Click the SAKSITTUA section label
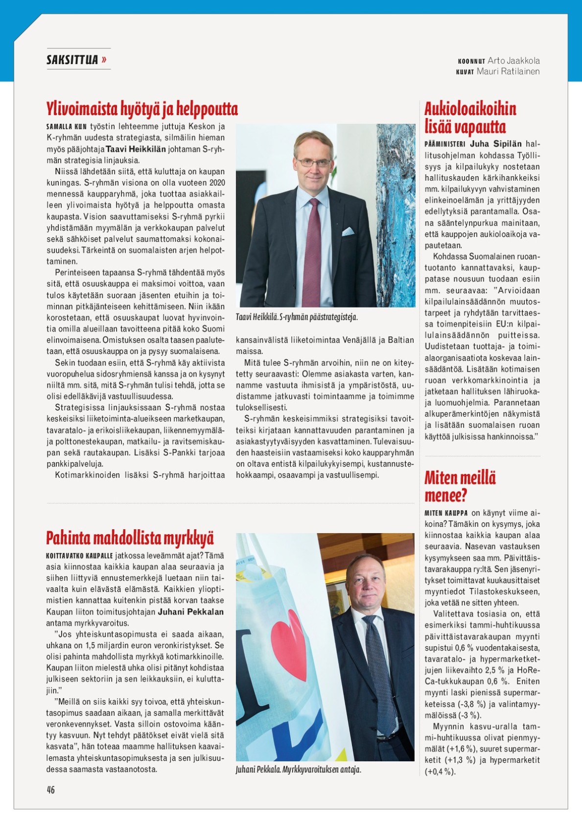[72, 60]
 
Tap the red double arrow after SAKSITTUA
[104, 60]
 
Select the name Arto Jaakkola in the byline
[513, 61]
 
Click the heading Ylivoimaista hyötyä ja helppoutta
[142, 109]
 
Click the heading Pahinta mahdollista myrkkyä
[130, 538]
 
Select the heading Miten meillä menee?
[460, 486]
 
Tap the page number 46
[51, 789]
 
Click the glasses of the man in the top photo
[313, 162]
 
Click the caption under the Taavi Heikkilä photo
[297, 317]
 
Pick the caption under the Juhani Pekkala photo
[298, 770]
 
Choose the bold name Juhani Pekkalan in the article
[190, 611]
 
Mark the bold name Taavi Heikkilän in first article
[136, 149]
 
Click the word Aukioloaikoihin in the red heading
[470, 109]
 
